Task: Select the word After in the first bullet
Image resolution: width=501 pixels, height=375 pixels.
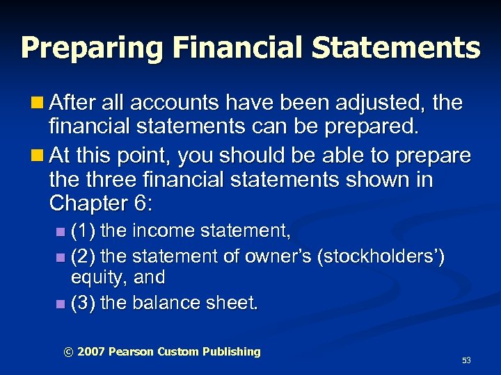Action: coord(75,103)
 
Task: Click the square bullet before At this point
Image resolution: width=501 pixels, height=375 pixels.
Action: coord(40,155)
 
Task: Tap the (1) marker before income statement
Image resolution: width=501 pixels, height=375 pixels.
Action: coord(85,229)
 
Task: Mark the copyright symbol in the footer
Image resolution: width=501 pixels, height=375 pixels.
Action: coord(67,352)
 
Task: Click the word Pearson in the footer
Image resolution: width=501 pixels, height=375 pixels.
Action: coord(129,352)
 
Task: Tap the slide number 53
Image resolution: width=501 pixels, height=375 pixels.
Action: coord(466,360)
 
